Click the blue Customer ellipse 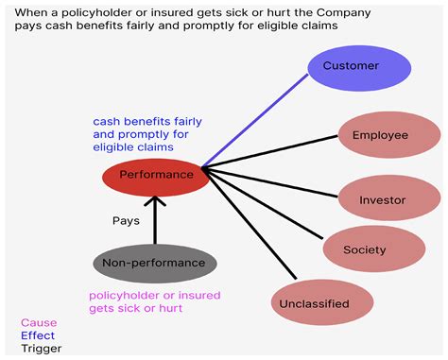(359, 66)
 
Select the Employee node (380, 135)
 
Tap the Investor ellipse (382, 199)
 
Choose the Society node (366, 250)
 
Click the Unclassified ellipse (312, 304)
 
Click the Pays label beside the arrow (127, 220)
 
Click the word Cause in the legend (39, 322)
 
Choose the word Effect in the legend (38, 335)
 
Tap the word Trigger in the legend (42, 349)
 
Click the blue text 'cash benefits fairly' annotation (147, 121)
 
